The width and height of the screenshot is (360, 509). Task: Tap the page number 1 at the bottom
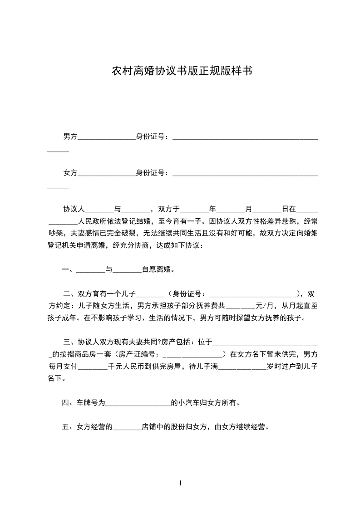(180, 483)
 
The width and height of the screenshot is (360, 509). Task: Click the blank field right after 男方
(107, 137)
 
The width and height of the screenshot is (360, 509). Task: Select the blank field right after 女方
(107, 173)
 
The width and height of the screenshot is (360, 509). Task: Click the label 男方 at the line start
(70, 137)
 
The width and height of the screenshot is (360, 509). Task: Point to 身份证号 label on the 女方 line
(152, 173)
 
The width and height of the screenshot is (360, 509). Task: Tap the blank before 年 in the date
(194, 210)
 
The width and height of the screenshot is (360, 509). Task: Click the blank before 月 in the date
(231, 210)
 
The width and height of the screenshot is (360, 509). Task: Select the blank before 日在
(267, 210)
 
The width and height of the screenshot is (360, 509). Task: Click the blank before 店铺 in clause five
(127, 427)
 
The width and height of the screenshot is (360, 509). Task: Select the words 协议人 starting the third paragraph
(74, 210)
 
